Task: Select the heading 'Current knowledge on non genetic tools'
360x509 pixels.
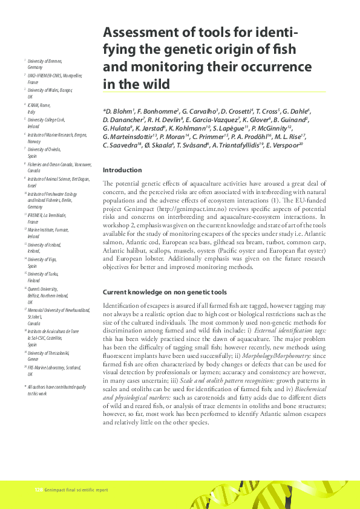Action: (x=159, y=291)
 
